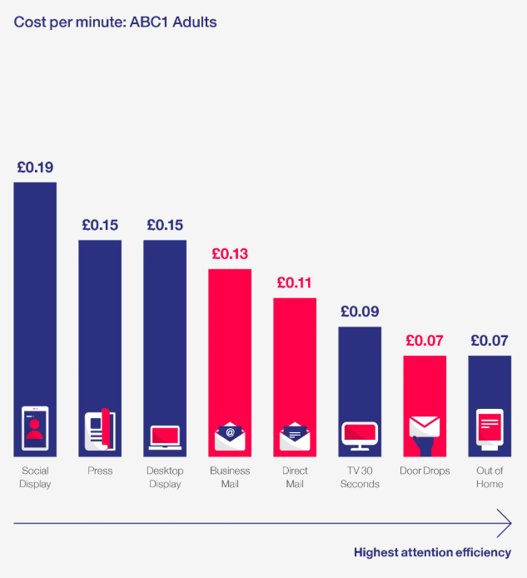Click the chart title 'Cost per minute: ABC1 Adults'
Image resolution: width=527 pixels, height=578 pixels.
[116, 22]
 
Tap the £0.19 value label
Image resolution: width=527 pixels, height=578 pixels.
[35, 167]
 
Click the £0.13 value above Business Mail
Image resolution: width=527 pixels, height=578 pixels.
[230, 253]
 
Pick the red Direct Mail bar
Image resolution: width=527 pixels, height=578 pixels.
[295, 358]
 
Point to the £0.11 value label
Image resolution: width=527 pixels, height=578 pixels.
[295, 282]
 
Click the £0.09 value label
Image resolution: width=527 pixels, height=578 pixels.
[360, 311]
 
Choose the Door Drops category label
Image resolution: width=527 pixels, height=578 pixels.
[425, 471]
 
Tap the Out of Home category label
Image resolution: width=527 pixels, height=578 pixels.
[490, 477]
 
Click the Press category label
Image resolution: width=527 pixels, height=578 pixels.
[100, 471]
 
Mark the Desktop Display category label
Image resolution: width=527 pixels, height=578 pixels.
[165, 477]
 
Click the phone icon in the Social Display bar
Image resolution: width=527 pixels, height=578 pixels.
[35, 428]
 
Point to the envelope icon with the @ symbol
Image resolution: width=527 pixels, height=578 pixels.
[230, 435]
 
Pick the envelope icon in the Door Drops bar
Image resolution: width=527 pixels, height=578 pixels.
[425, 428]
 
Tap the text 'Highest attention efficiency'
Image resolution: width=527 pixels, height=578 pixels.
[432, 552]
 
